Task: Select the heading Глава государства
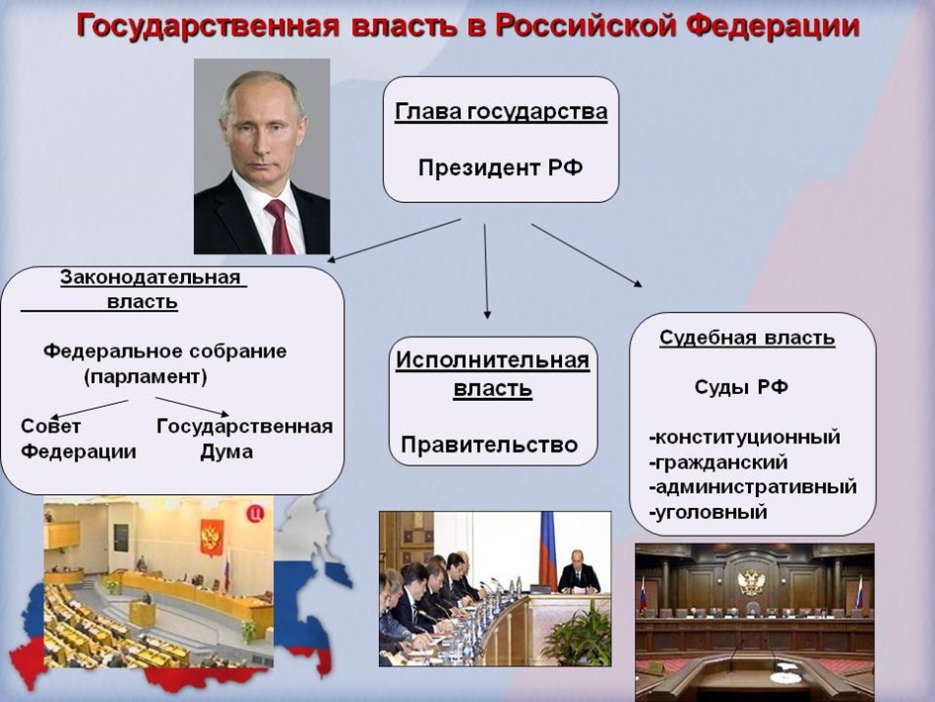501,112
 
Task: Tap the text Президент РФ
501,167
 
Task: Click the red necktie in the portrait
279,227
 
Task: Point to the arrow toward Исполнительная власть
486,271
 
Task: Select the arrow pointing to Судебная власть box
587,255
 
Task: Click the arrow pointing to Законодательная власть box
394,241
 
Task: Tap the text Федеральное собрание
164,351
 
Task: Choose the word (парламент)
145,376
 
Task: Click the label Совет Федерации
78,439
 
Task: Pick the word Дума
226,451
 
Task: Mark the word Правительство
490,446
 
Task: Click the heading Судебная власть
747,338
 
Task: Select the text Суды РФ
741,387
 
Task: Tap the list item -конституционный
745,438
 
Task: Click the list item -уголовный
707,512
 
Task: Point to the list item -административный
753,487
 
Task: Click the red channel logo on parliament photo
255,513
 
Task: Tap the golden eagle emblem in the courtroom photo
751,582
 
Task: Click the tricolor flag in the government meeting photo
547,550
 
